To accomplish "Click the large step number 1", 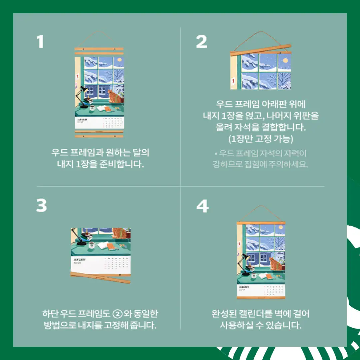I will [40, 42].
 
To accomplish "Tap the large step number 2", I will [201, 42].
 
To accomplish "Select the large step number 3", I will [42, 206].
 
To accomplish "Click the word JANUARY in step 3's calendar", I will [79, 260].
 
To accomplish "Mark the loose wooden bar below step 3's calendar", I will [100, 277].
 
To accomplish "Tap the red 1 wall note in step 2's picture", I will [233, 80].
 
